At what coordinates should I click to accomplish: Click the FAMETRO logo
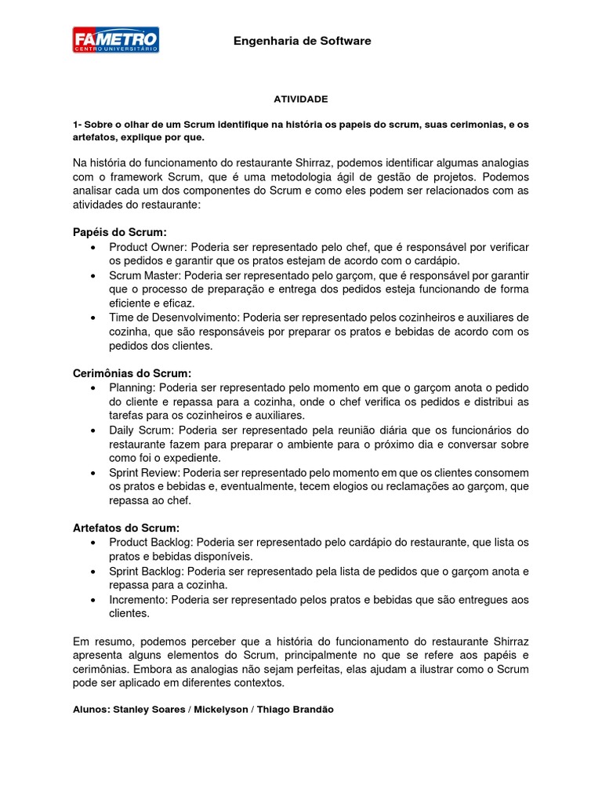[116, 40]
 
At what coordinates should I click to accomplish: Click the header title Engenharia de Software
[302, 41]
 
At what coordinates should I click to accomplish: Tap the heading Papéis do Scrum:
[119, 232]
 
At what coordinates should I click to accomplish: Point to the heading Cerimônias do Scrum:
[132, 373]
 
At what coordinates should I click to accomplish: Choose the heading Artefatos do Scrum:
[126, 528]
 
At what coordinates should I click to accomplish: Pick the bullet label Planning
[132, 388]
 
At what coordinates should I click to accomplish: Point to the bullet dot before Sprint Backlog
[94, 571]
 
